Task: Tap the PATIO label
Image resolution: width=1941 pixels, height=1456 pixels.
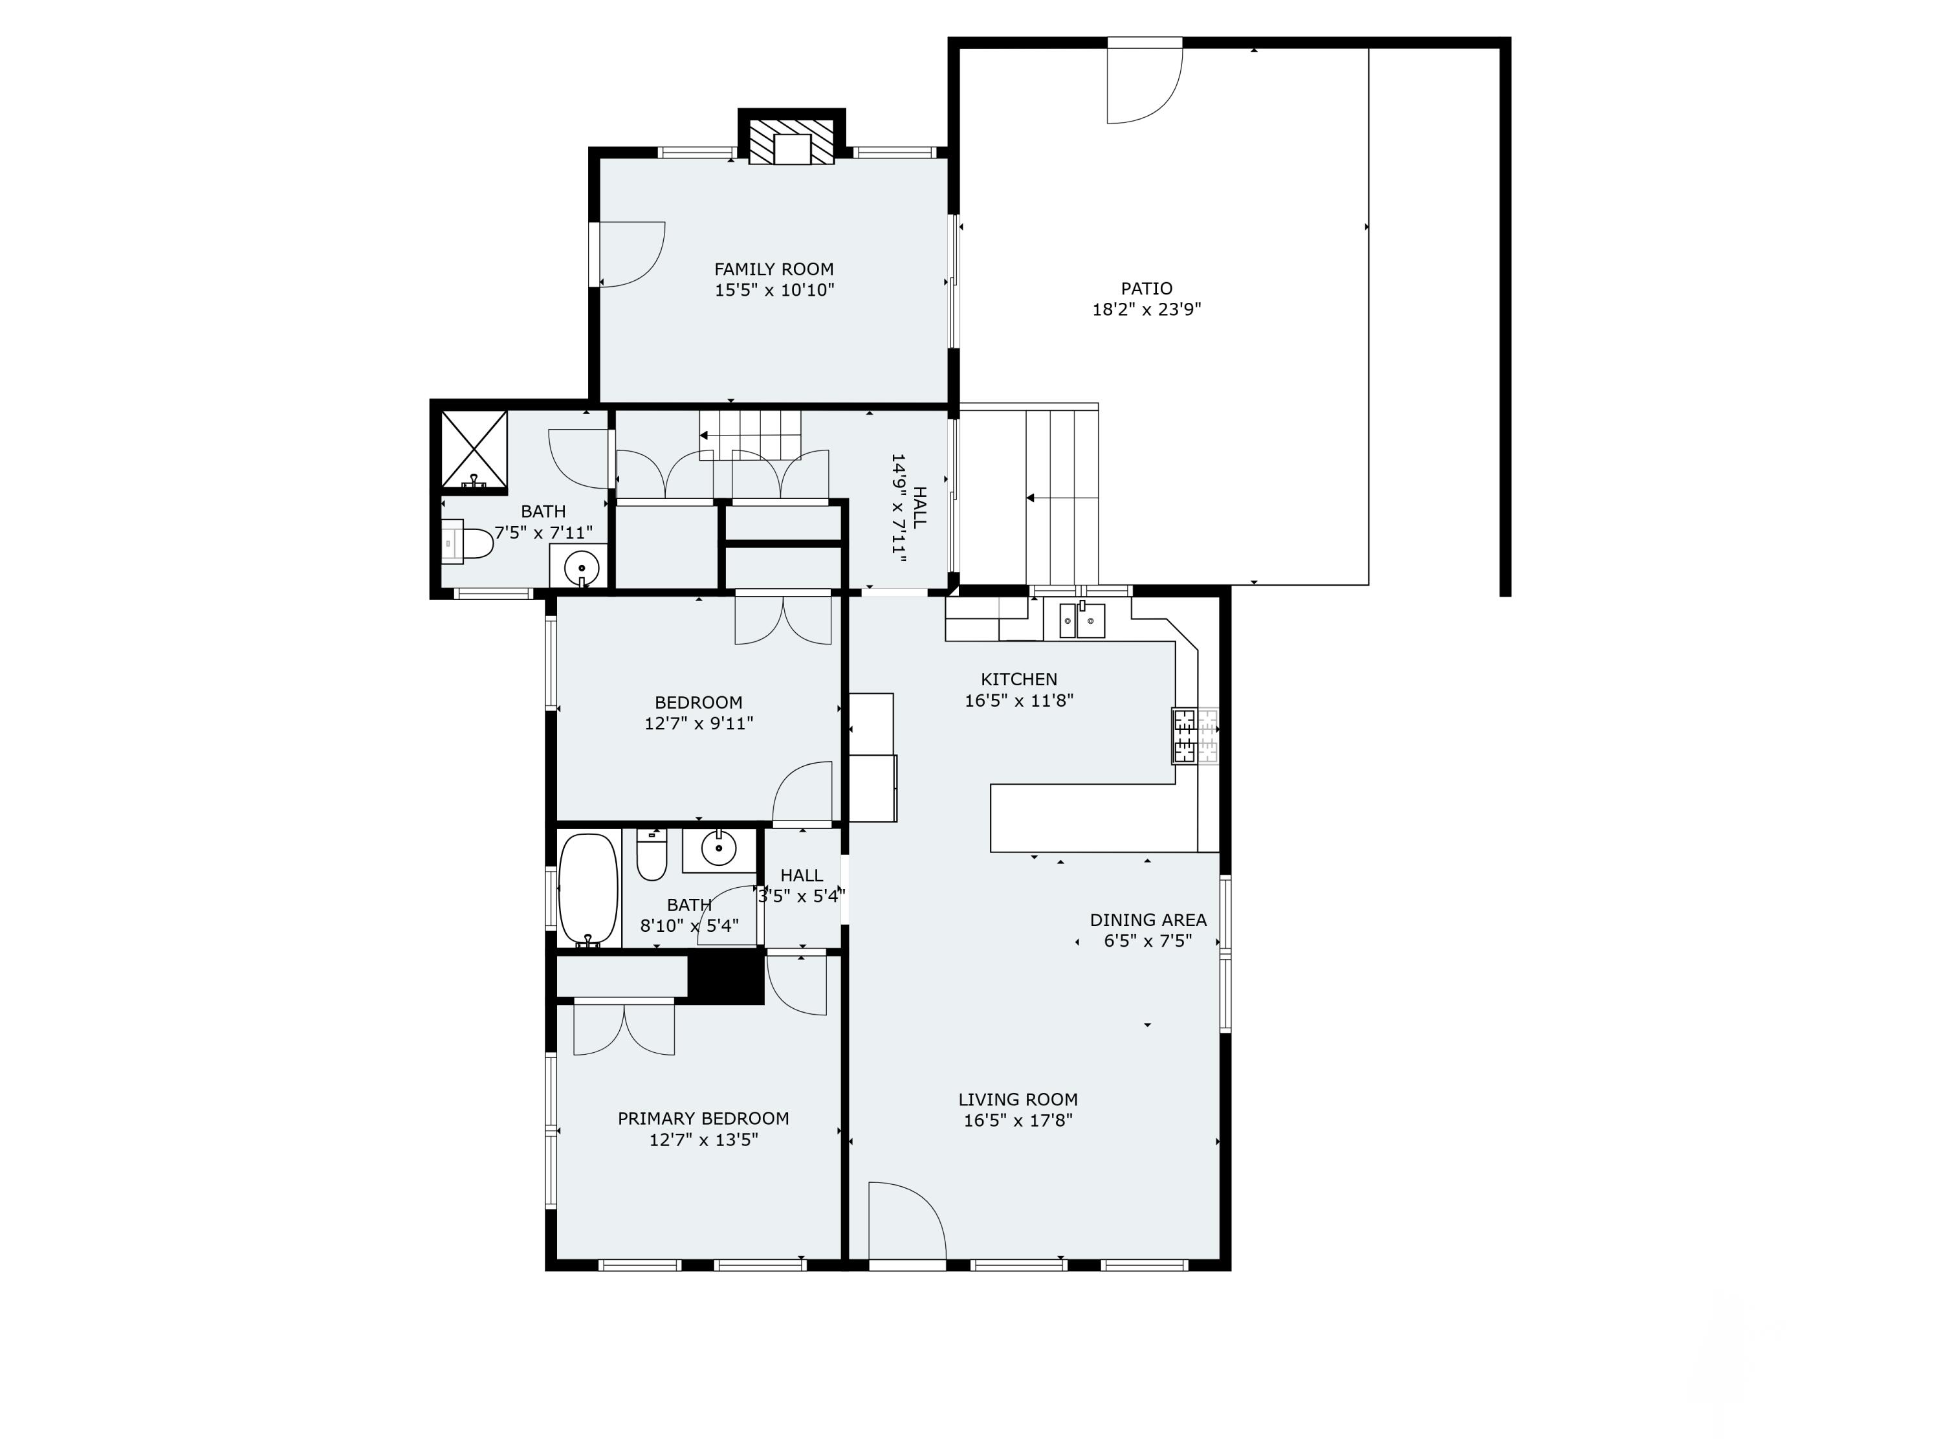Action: click(1146, 288)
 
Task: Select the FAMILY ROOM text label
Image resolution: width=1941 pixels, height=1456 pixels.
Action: click(773, 269)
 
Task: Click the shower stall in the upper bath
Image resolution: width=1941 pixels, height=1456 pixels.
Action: click(474, 448)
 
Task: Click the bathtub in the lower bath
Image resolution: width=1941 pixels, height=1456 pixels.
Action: click(589, 890)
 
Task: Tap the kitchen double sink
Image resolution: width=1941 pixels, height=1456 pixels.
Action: click(1082, 621)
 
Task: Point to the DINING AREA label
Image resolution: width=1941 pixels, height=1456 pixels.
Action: click(1148, 920)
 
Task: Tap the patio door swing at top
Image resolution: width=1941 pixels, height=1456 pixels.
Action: click(1145, 86)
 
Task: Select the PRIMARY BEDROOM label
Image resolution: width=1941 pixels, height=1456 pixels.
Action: click(703, 1118)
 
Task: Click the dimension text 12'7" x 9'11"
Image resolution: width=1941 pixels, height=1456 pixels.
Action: click(699, 724)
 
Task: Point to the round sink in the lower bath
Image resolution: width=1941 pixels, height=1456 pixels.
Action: click(719, 848)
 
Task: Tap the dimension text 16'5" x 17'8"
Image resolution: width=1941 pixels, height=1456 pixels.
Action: click(1018, 1121)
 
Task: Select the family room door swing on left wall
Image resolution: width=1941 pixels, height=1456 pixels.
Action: click(631, 254)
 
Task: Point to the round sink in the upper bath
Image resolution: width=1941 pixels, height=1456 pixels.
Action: click(580, 566)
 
